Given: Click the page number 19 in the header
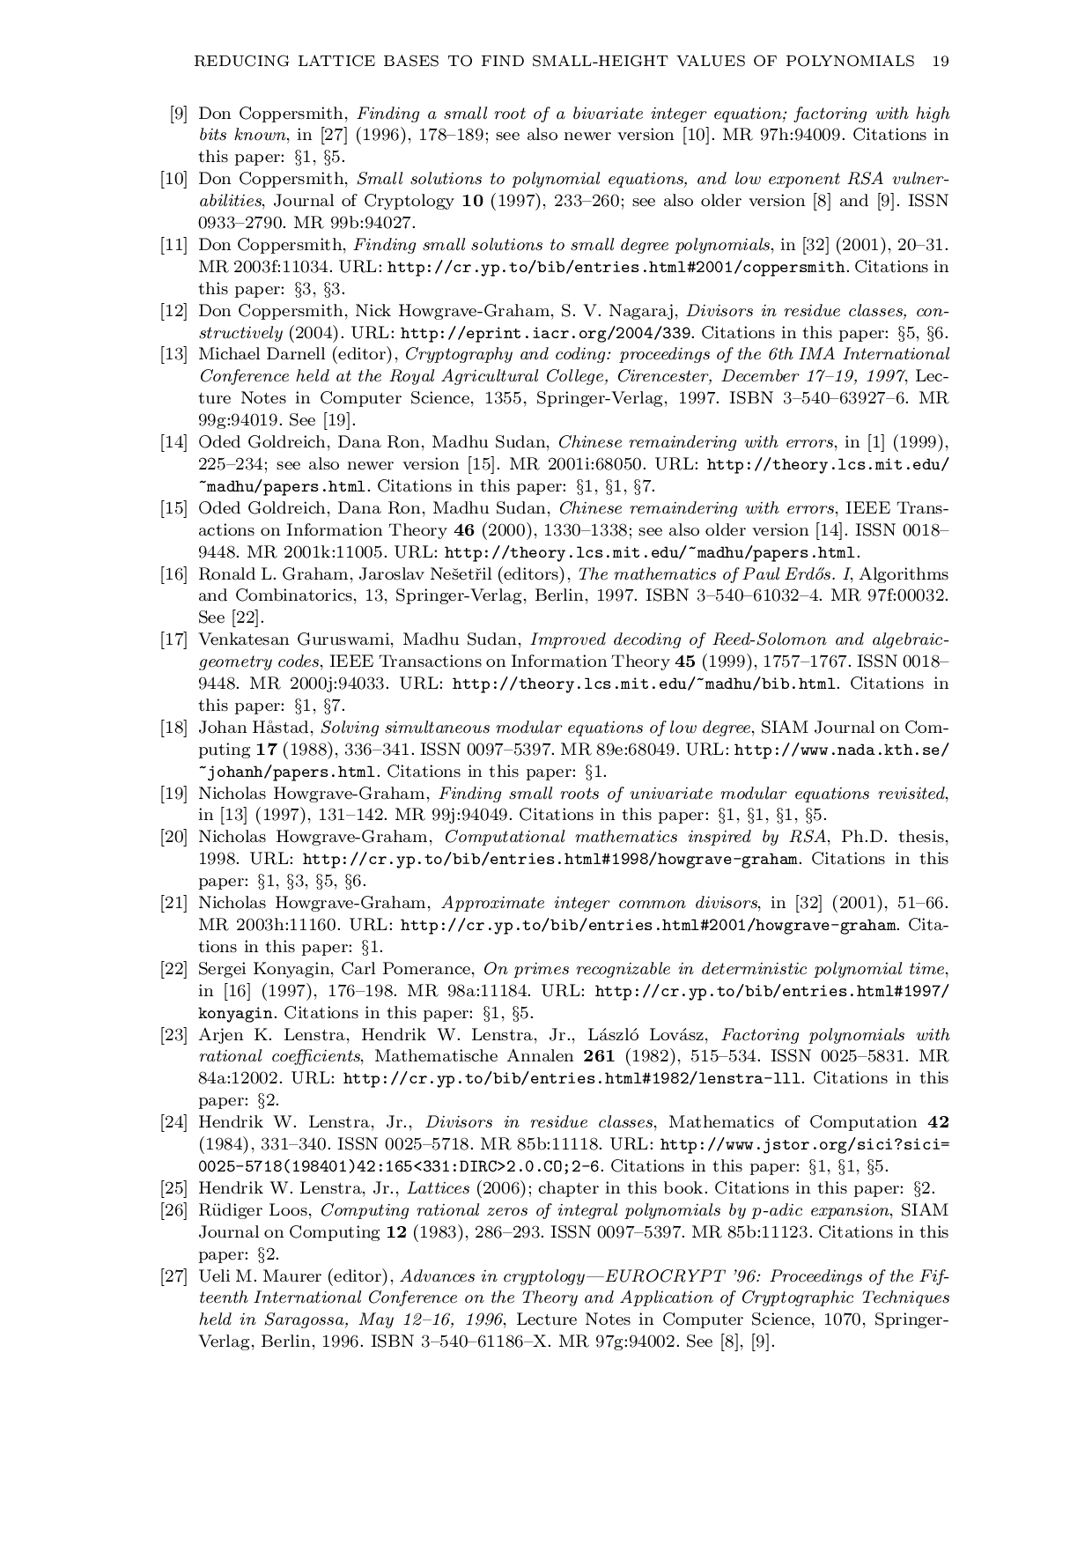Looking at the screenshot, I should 940,61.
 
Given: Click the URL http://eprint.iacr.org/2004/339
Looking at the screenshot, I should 547,333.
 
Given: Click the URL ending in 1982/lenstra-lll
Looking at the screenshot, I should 572,1079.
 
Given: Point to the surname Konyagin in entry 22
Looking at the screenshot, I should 289,969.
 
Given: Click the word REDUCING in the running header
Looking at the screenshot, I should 233,61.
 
